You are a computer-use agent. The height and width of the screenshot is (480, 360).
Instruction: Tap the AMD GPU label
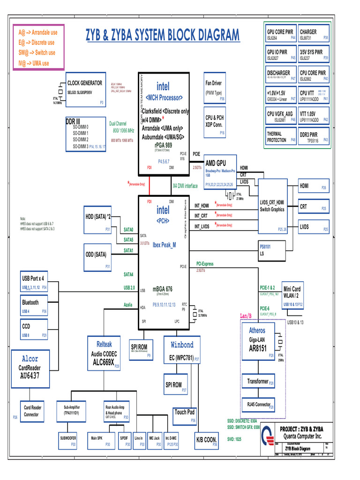216,163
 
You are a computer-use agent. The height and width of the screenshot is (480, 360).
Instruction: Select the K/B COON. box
206,440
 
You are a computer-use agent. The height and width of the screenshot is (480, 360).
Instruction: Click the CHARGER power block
314,34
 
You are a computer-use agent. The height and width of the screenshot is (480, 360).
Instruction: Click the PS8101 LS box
272,250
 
